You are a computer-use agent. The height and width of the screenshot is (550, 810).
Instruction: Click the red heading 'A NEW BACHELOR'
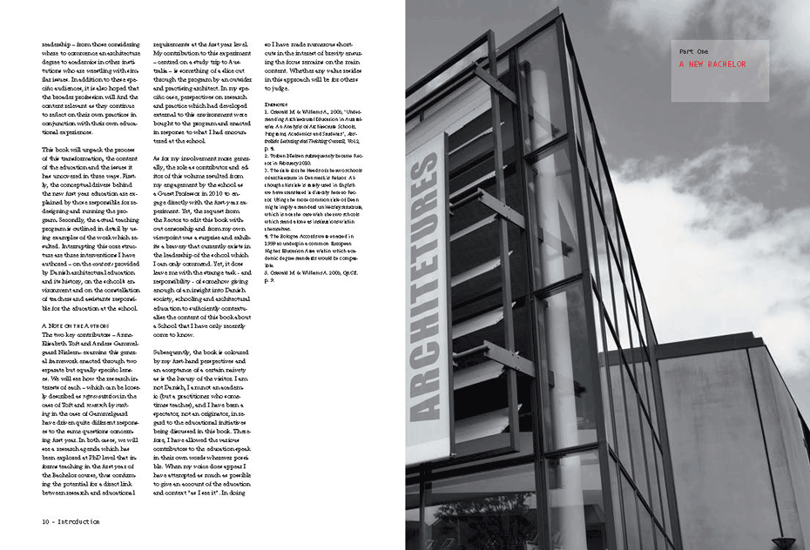coord(712,64)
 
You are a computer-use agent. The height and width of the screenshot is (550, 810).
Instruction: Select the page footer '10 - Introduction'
coord(70,521)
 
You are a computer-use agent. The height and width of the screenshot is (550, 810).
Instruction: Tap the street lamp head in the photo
coord(784,541)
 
